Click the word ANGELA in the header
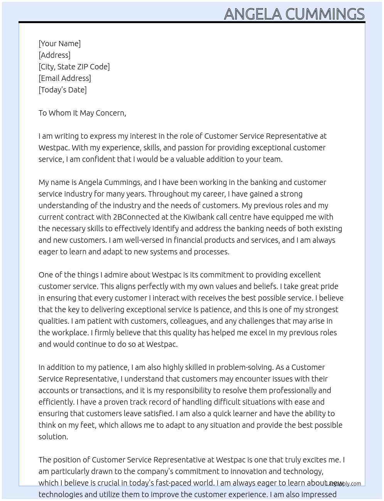pyautogui.click(x=253, y=14)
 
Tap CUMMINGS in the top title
pyautogui.click(x=325, y=14)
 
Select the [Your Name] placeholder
pyautogui.click(x=59, y=44)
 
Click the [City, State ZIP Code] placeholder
pyautogui.click(x=74, y=67)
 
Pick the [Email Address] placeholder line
pyautogui.click(x=65, y=78)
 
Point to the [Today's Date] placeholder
pyautogui.click(x=62, y=90)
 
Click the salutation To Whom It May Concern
pyautogui.click(x=82, y=113)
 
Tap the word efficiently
pyautogui.click(x=56, y=402)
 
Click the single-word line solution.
pyautogui.click(x=53, y=437)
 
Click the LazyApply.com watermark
pyautogui.click(x=343, y=484)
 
